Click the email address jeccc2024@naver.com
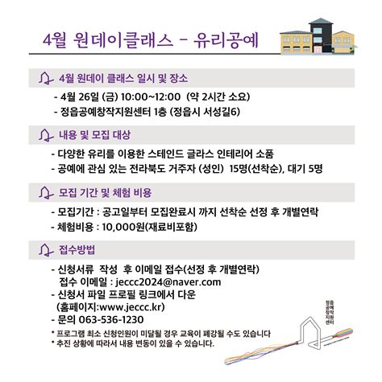point(164,283)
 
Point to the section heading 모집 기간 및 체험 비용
point(106,193)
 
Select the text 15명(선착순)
point(257,168)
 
